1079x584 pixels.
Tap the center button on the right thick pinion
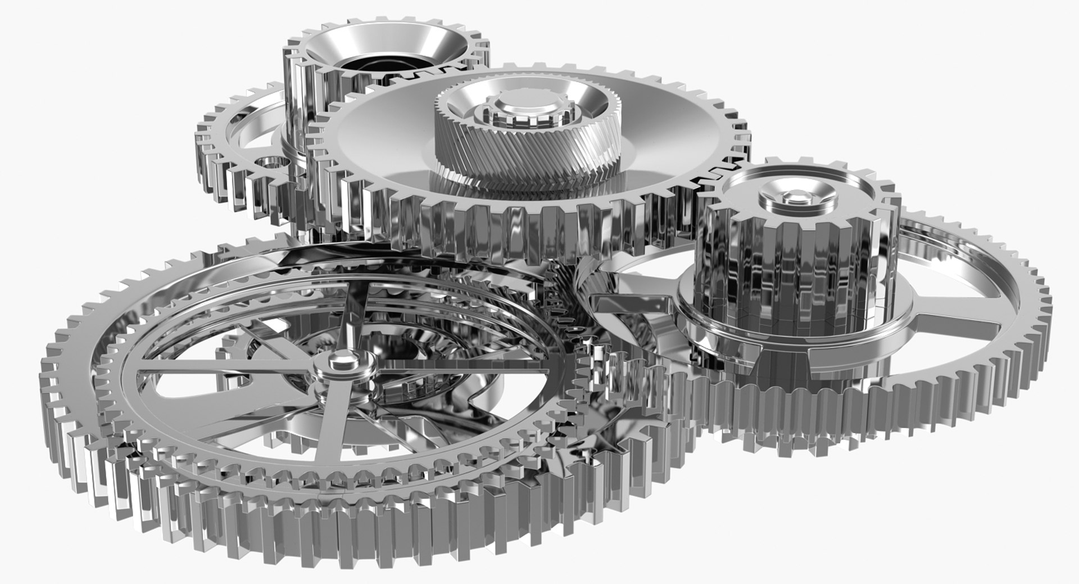(x=794, y=196)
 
